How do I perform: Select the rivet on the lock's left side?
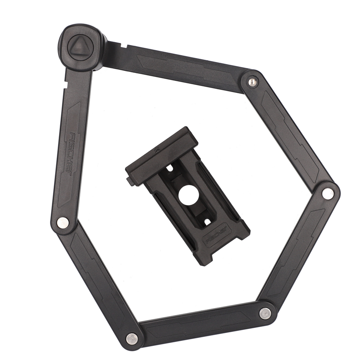coord(63,222)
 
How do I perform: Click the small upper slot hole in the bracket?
coord(170,168)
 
